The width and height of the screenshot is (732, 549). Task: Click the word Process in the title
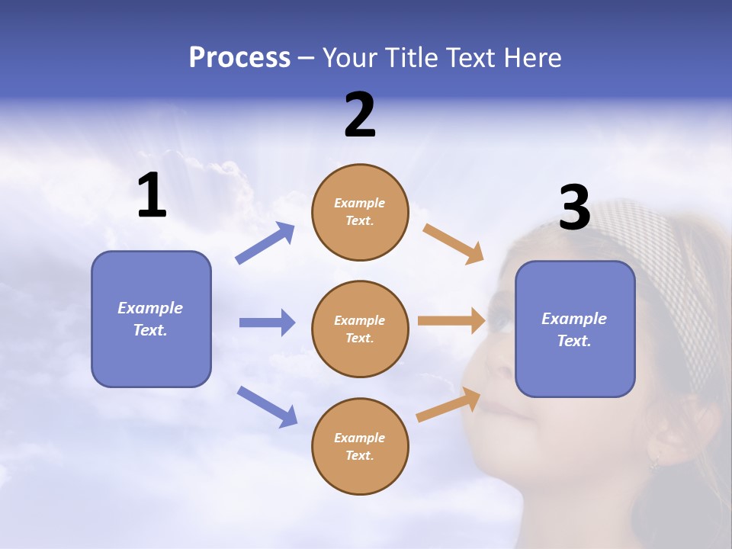click(239, 58)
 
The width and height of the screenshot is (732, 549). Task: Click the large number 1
click(152, 196)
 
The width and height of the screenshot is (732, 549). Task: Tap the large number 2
click(360, 115)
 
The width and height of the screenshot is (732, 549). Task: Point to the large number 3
click(574, 207)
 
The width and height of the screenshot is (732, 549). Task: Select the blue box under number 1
click(151, 319)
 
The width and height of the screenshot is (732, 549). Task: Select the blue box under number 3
click(575, 329)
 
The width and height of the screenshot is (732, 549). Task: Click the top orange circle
click(360, 212)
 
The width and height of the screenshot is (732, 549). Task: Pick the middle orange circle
click(360, 329)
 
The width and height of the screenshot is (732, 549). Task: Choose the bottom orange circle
click(360, 446)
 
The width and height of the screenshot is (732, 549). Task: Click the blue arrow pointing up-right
click(265, 243)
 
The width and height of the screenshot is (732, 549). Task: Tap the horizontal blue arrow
click(267, 323)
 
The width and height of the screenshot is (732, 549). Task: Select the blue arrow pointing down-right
click(267, 406)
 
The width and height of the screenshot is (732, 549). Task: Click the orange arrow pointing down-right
click(453, 243)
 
